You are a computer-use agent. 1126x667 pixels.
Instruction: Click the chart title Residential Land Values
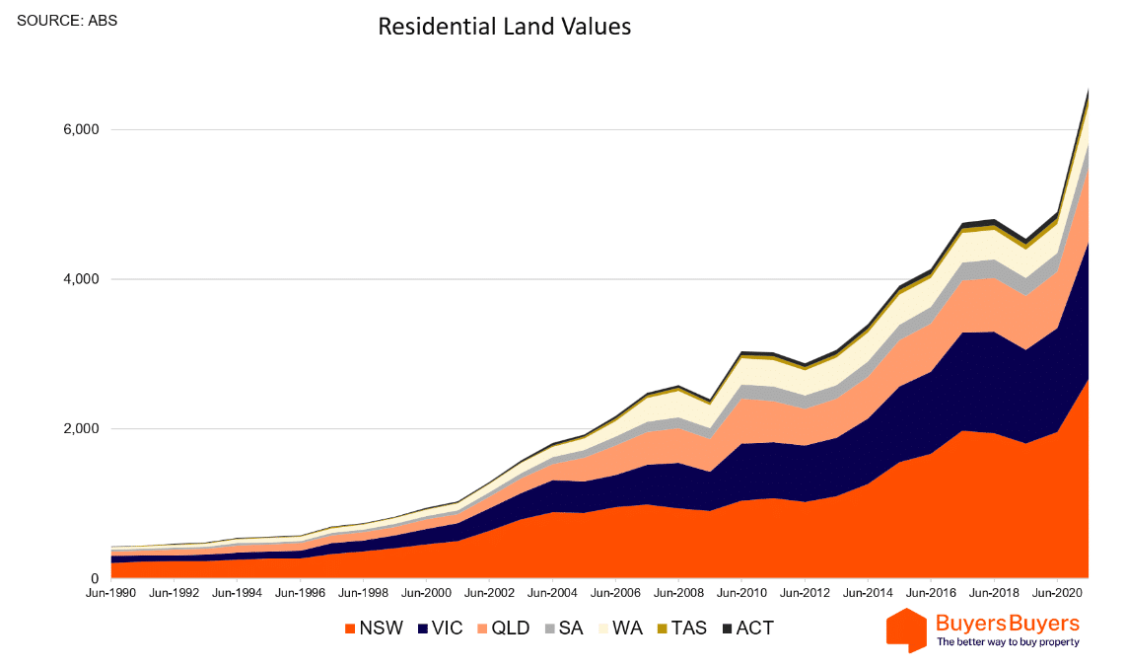click(x=504, y=28)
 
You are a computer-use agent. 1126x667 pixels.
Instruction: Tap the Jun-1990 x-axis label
click(x=111, y=595)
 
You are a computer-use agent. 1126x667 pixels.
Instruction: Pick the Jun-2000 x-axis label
click(x=427, y=595)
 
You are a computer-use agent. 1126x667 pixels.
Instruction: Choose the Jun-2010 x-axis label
click(x=741, y=595)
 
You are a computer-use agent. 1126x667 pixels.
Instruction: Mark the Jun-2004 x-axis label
click(x=552, y=595)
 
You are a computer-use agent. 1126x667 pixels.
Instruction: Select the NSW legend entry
click(x=374, y=628)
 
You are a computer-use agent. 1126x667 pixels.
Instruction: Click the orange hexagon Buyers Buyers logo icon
click(x=906, y=630)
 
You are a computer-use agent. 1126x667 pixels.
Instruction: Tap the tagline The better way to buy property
click(x=1008, y=642)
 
